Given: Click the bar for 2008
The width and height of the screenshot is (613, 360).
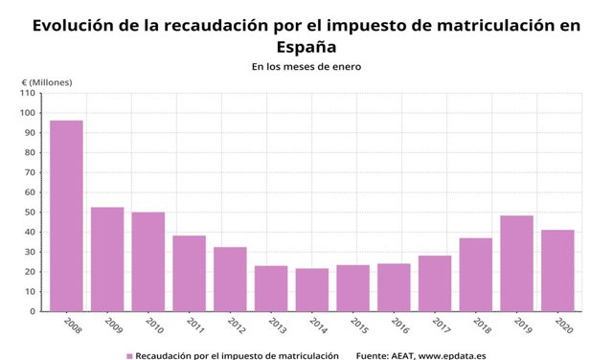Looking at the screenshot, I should point(66,215).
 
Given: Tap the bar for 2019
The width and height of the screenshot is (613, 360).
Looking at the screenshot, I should point(516,263).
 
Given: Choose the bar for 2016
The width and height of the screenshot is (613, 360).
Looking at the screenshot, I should point(394,287).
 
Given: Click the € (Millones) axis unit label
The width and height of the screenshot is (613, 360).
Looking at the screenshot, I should point(47,81).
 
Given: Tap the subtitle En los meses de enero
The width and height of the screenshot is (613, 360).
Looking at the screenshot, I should point(306,67).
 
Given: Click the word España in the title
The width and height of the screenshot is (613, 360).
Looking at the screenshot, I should point(306,46).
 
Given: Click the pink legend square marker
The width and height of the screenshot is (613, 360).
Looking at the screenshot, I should point(129,355).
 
